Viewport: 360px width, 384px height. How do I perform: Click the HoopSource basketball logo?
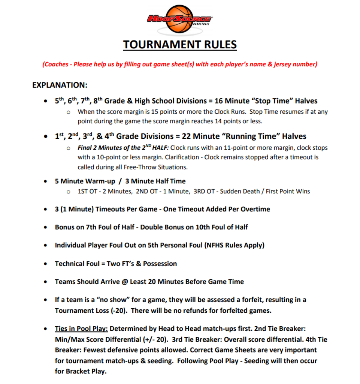[180, 19]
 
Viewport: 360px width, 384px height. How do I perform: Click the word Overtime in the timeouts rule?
[254, 209]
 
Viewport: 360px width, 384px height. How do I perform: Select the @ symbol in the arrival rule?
[124, 282]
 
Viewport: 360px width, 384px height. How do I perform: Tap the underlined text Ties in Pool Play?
[81, 329]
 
